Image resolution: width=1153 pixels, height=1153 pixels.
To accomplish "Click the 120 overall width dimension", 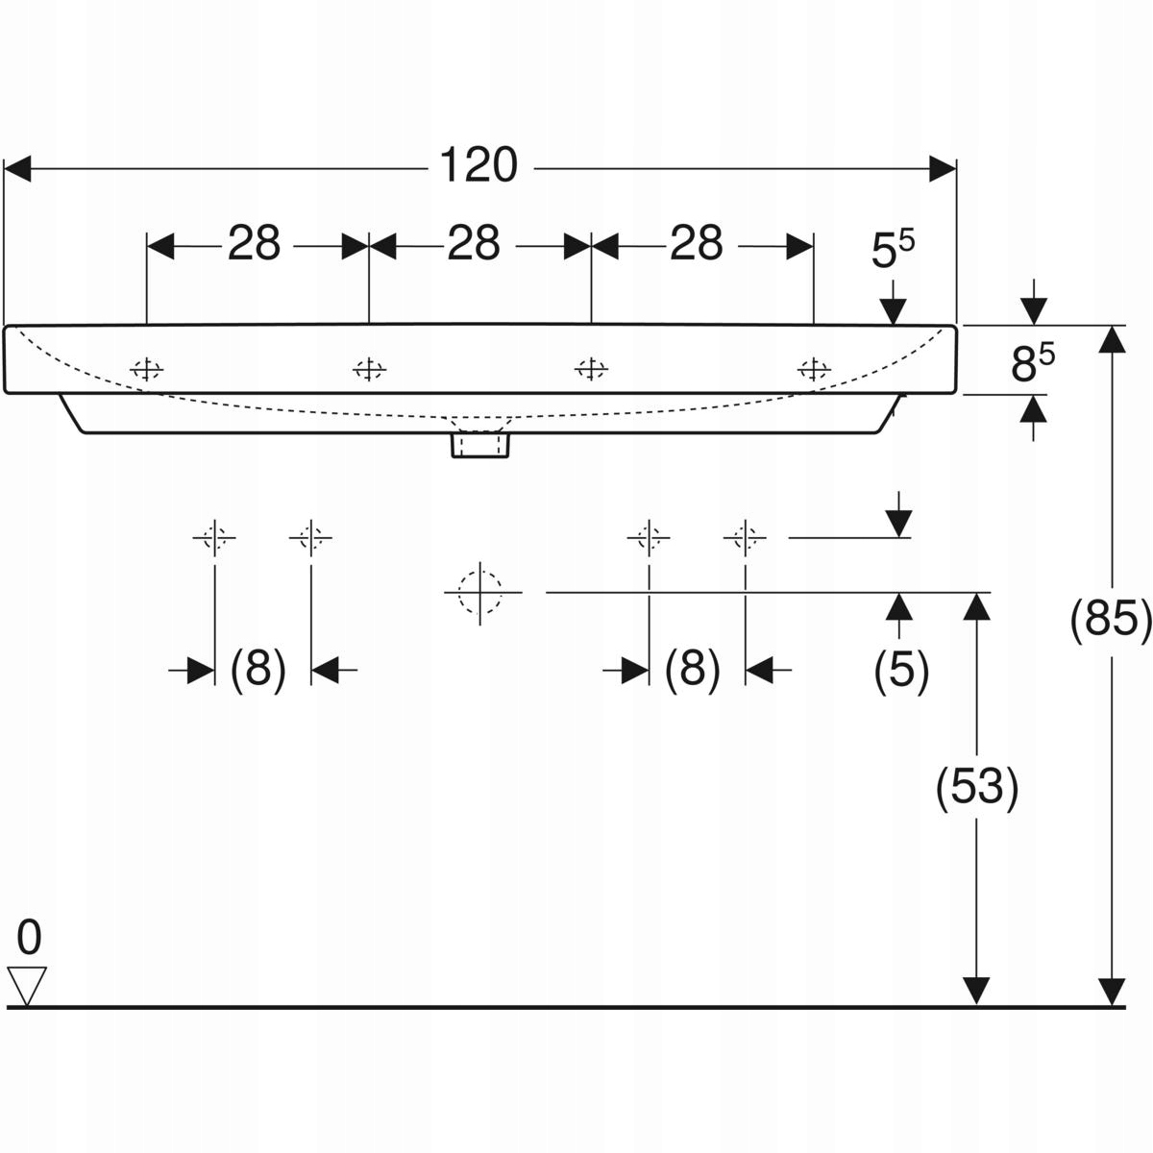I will [x=478, y=166].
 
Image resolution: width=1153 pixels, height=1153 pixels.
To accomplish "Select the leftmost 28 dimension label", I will [x=254, y=244].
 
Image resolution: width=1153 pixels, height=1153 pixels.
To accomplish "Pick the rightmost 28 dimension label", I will [x=696, y=244].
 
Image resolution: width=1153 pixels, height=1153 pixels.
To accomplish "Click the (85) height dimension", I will [x=1110, y=620].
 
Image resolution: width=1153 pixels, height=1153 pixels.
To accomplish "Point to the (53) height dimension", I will [x=976, y=788].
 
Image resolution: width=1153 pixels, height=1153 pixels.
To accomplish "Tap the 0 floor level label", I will [x=29, y=934].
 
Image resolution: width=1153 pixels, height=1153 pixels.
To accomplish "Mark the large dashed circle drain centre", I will [x=480, y=592].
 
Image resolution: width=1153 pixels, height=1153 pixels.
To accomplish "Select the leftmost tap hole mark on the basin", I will [x=146, y=368].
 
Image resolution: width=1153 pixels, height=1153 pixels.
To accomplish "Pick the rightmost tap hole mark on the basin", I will [x=814, y=368].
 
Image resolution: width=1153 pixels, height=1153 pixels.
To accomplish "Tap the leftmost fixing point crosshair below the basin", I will [x=213, y=536].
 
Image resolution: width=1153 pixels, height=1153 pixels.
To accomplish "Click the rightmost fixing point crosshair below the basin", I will [x=745, y=536].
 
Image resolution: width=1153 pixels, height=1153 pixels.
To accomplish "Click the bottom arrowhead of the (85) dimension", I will [x=1112, y=992].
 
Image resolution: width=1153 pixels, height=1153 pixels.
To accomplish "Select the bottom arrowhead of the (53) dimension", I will [x=976, y=992].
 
